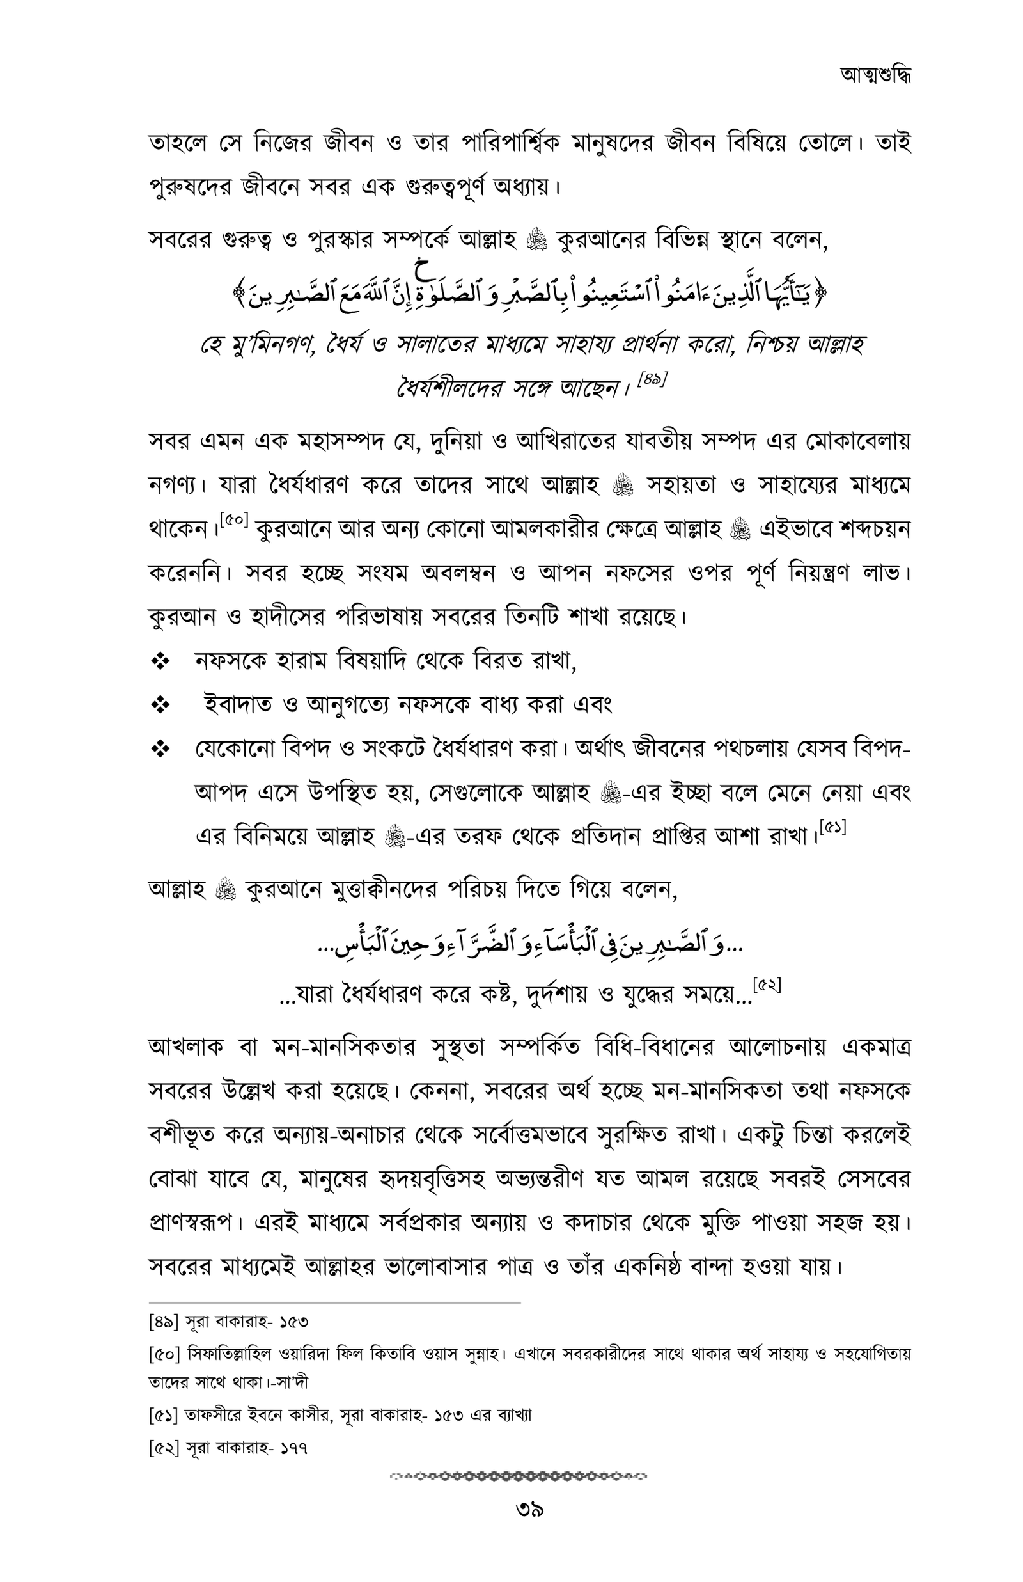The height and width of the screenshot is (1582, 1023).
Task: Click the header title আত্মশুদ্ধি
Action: (x=875, y=75)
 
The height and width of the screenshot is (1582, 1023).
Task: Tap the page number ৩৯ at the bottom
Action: (x=529, y=1511)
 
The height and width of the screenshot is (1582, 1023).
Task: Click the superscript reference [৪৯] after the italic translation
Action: (x=652, y=381)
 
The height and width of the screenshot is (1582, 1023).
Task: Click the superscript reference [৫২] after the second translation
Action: (x=767, y=985)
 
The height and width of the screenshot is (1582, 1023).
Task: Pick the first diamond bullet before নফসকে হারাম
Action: (x=160, y=661)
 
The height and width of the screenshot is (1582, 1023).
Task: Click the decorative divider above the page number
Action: (x=518, y=1476)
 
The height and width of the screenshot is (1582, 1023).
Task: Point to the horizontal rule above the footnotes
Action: (x=334, y=1304)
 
